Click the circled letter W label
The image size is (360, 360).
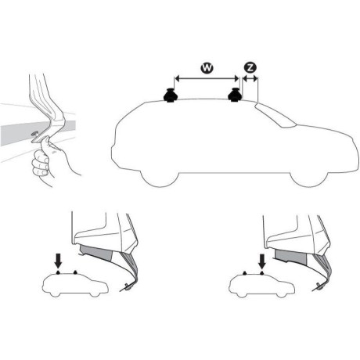(207, 68)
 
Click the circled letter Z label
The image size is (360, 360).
(250, 68)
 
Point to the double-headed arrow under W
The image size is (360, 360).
(207, 78)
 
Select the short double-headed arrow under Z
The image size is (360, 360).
(250, 78)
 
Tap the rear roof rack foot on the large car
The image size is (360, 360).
(170, 95)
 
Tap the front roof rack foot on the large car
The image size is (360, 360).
(235, 95)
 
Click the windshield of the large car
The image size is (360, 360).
(276, 114)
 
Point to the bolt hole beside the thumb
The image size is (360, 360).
(34, 134)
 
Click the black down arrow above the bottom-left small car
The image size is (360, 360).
(58, 261)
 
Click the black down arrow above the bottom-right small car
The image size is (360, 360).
(261, 261)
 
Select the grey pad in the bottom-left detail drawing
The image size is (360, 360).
(97, 253)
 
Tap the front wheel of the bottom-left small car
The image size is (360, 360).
(95, 293)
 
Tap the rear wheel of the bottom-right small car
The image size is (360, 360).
(242, 294)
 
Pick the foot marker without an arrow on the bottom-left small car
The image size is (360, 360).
(75, 272)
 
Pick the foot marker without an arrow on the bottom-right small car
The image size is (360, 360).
(245, 273)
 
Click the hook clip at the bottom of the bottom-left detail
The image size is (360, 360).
(128, 287)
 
